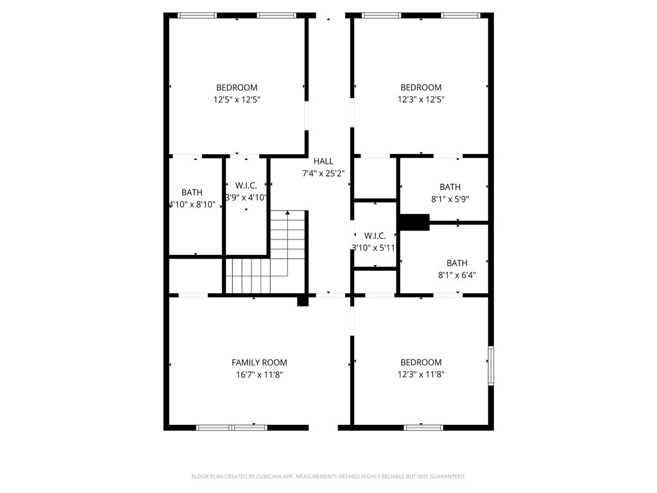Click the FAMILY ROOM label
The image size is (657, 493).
[259, 362]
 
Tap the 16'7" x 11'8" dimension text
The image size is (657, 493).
[259, 374]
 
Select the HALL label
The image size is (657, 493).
[323, 161]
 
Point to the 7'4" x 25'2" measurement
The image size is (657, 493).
[323, 173]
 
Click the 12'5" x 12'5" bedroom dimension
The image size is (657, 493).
[237, 99]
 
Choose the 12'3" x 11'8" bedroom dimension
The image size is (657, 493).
[421, 374]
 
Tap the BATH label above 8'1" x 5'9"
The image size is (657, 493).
[450, 187]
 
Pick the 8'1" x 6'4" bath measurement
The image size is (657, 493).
[457, 275]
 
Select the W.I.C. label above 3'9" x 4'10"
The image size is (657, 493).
[246, 186]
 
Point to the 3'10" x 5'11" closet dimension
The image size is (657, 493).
[374, 247]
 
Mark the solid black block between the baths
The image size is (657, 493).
[414, 222]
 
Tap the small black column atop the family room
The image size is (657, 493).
[303, 300]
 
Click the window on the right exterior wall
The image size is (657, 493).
[491, 366]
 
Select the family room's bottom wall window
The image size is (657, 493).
[232, 427]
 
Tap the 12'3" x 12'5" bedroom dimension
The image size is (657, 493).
[421, 99]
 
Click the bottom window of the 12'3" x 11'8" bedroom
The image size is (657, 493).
[423, 427]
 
